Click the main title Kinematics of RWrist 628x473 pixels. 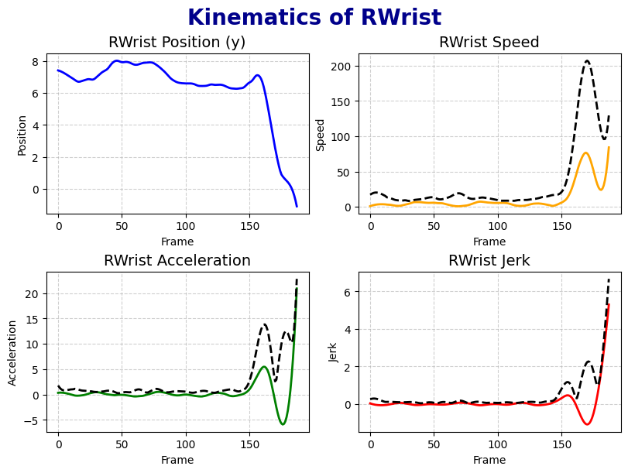pyautogui.click(x=314, y=18)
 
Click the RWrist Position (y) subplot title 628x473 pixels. pyautogui.click(x=177, y=43)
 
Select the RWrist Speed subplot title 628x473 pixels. pyautogui.click(x=489, y=43)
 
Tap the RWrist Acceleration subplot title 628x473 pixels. pyautogui.click(x=177, y=261)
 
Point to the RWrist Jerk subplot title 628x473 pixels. pyautogui.click(x=489, y=261)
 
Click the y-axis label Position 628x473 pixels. pyautogui.click(x=22, y=134)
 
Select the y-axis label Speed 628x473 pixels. pyautogui.click(x=321, y=134)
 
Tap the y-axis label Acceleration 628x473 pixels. pyautogui.click(x=12, y=352)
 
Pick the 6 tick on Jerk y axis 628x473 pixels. pyautogui.click(x=350, y=292)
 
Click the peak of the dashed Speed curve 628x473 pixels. pyautogui.click(x=587, y=60)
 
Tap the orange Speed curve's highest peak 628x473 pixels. pyautogui.click(x=586, y=153)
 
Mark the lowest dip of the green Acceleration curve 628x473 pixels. pyautogui.click(x=283, y=424)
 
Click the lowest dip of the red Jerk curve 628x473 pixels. pyautogui.click(x=588, y=424)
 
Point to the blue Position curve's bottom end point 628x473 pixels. pyautogui.click(x=297, y=207)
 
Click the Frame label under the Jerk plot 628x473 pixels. pyautogui.click(x=489, y=460)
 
